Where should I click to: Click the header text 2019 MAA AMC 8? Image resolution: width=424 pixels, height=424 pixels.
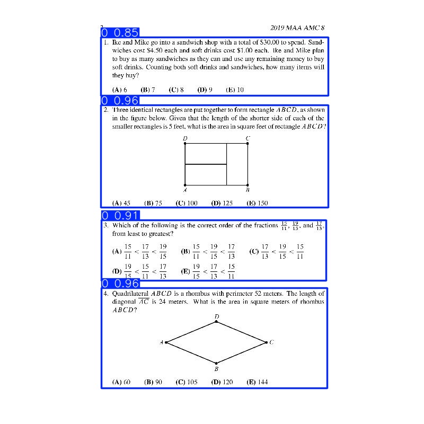pos(297,28)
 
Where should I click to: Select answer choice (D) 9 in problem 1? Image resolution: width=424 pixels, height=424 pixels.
pos(205,90)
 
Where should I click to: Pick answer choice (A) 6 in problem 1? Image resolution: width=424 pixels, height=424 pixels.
pos(119,90)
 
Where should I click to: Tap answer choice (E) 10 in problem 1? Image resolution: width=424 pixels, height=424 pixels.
pos(235,90)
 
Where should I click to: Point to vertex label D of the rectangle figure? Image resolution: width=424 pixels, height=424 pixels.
pos(185,138)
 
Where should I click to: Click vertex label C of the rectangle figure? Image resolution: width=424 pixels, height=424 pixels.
pos(248,138)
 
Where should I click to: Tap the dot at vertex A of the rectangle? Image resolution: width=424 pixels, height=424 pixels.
pos(185,185)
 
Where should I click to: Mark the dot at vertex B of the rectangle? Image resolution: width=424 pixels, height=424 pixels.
pos(248,185)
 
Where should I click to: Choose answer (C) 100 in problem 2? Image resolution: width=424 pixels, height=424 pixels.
pos(187,203)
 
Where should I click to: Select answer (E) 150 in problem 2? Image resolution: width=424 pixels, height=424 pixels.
pos(258,203)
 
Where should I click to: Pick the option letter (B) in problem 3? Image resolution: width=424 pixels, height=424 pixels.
pos(185,252)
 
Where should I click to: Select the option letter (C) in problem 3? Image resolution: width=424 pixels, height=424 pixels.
pos(254,252)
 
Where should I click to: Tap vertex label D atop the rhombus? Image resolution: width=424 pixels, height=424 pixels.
pos(216,316)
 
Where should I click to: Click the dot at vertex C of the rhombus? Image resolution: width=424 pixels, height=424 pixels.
pos(266,342)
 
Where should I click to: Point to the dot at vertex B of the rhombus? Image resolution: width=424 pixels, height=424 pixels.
pos(216,363)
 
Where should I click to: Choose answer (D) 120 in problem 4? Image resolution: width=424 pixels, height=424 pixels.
pos(222,382)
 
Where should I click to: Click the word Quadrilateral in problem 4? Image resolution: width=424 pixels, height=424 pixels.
pos(130,293)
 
